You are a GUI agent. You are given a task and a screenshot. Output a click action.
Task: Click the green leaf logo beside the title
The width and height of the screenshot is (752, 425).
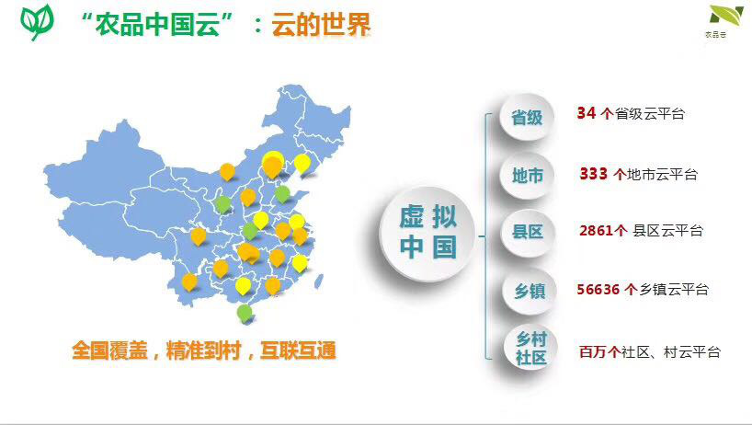[x=37, y=21]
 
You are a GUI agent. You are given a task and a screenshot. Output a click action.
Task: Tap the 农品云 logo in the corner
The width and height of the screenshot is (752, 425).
[x=725, y=21]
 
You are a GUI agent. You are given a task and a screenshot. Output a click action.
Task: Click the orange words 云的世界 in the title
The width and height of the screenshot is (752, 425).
[x=321, y=24]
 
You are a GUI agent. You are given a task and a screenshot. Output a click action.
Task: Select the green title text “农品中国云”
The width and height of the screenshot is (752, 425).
[x=157, y=24]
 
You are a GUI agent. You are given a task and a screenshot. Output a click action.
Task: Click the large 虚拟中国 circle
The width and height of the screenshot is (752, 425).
[x=427, y=234]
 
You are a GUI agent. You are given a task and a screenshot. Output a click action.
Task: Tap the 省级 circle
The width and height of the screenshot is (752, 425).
[x=527, y=117]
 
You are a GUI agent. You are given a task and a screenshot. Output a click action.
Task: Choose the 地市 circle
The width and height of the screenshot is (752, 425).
[x=527, y=176]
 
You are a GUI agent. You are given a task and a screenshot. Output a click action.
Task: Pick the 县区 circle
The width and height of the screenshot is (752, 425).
[x=528, y=233]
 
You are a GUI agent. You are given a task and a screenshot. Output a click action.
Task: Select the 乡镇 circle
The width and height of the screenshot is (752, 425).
[x=530, y=291]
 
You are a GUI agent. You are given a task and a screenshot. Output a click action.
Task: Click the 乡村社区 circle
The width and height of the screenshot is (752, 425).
[x=530, y=349]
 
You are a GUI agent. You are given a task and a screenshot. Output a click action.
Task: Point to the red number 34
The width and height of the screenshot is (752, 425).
[x=586, y=113]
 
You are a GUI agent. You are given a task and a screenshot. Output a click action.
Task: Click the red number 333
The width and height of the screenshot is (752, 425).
[x=594, y=173]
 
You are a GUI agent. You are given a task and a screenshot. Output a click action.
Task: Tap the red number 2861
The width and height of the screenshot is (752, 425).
[x=597, y=231]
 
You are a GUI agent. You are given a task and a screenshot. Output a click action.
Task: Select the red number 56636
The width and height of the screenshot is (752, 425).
[x=598, y=289]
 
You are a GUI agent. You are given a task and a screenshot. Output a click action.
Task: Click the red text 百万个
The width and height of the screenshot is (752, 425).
[x=600, y=352]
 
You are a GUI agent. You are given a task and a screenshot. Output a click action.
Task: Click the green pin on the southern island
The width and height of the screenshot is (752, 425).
[x=245, y=314]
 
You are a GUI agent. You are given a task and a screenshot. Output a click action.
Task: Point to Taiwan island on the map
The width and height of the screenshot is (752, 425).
[x=318, y=281]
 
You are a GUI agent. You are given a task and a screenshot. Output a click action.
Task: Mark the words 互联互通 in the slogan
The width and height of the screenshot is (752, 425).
[x=298, y=350]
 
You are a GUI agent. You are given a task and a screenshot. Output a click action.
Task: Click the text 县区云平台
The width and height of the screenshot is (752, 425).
[x=667, y=231]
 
